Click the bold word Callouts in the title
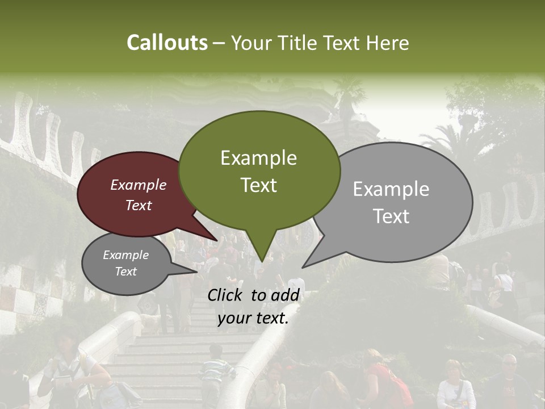tap(167, 43)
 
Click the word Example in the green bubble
tap(258, 158)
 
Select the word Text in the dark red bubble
tap(139, 206)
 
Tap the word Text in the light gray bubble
tap(391, 216)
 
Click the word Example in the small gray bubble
tap(126, 255)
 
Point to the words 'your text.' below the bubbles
tap(253, 318)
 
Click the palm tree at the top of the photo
tap(347, 97)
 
